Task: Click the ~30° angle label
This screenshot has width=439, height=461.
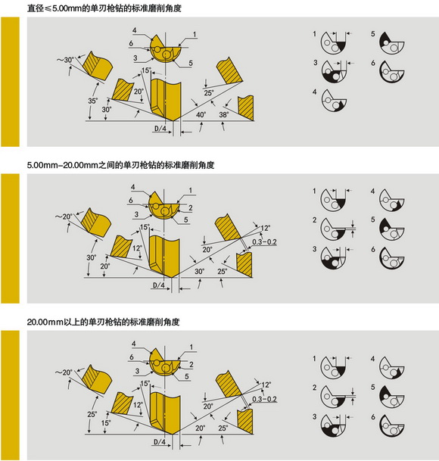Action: tap(67, 60)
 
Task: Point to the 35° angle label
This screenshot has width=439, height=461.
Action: tap(92, 100)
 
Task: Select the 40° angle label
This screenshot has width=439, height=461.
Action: tap(201, 114)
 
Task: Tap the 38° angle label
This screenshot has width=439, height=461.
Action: tap(224, 114)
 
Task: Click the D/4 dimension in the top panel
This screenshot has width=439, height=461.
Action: tap(159, 129)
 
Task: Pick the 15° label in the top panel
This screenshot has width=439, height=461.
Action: tap(146, 70)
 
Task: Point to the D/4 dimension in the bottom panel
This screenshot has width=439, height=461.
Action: tap(159, 441)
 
